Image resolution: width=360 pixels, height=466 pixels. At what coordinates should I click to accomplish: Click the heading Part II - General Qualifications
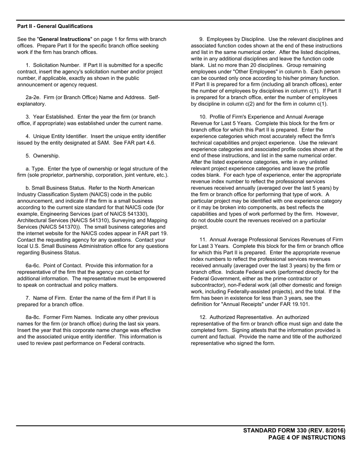55,26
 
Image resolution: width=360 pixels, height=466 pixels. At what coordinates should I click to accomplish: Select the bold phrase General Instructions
65,39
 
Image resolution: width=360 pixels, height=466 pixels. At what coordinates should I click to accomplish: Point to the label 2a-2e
33,97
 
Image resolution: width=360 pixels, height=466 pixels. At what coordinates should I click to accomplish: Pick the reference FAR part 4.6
134,143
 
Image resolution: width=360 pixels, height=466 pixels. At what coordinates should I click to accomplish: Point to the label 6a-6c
33,266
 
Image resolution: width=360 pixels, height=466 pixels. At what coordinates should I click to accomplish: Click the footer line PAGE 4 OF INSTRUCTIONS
307,438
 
